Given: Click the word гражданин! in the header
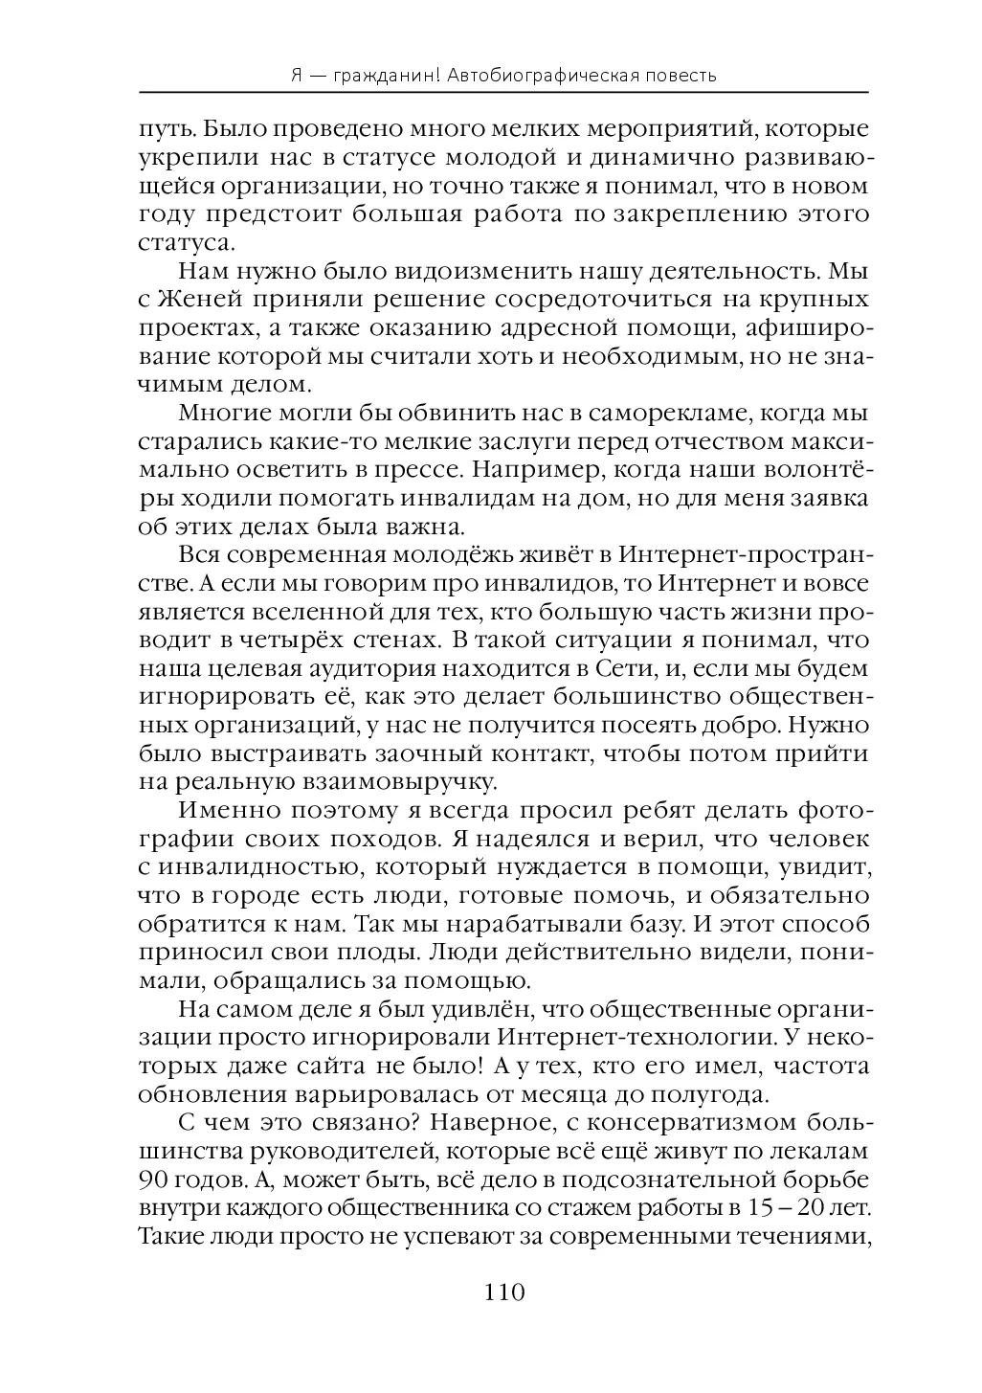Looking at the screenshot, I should pyautogui.click(x=381, y=75).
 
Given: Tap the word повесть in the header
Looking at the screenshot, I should pyautogui.click(x=679, y=75).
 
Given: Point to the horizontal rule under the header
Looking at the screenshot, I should pyautogui.click(x=503, y=93).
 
